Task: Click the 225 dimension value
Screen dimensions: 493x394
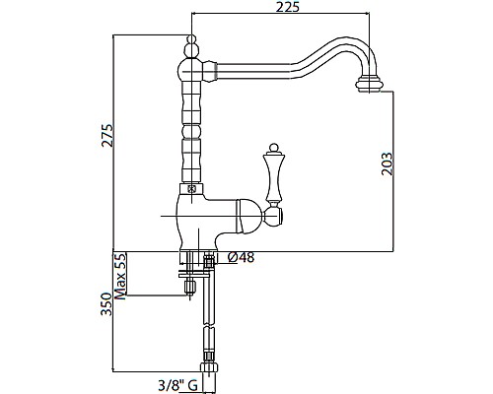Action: coord(288,7)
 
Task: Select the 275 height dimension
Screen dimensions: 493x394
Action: coord(107,135)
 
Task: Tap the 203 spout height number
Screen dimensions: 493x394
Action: coord(387,164)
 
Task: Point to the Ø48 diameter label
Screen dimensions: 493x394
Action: coord(241,258)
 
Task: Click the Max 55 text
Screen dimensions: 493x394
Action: coord(120,277)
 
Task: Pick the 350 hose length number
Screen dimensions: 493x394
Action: coord(106,303)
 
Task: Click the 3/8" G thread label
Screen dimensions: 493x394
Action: coord(177,384)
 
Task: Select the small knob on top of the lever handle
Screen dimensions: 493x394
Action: coord(273,147)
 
